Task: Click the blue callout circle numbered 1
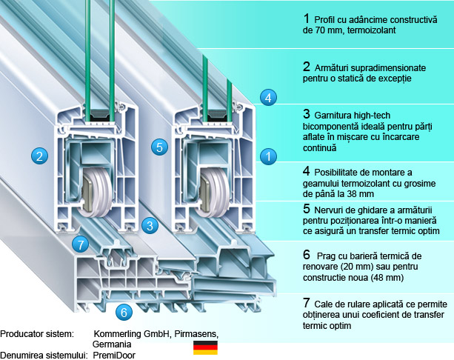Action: (x=268, y=156)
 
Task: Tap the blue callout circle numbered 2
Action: (x=39, y=156)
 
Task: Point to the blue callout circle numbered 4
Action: (x=269, y=96)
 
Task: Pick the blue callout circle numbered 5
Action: (x=158, y=146)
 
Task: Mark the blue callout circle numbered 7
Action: (x=81, y=243)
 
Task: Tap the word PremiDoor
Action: (x=116, y=356)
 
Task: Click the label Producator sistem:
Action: (x=38, y=334)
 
